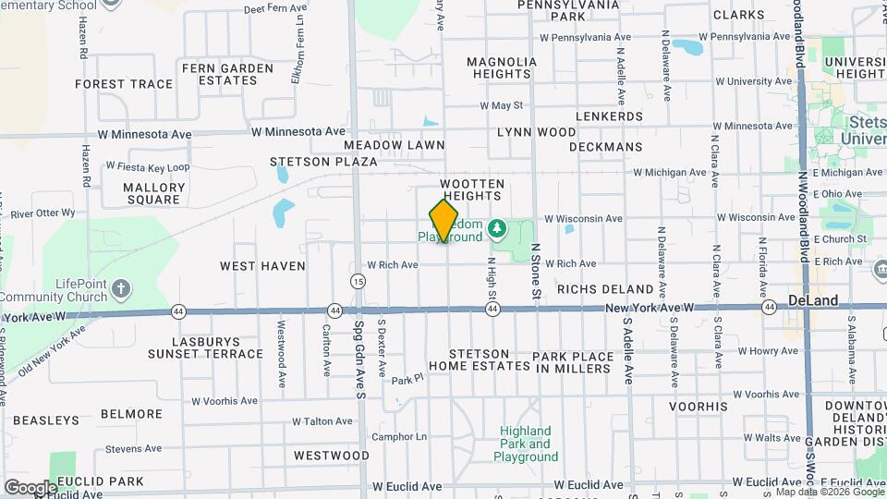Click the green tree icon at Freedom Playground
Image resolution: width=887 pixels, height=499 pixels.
[x=497, y=225]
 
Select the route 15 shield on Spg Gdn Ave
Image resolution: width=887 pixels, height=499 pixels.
[x=358, y=280]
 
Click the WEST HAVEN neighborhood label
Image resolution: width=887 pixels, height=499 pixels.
[x=262, y=266]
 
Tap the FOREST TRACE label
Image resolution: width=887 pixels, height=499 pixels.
[x=124, y=84]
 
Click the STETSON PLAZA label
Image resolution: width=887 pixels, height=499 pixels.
[x=311, y=162]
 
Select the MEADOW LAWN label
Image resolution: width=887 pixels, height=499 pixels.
[x=395, y=145]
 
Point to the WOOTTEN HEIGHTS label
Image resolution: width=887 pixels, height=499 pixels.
[x=472, y=189]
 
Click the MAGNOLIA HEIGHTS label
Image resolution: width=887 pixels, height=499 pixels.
[x=502, y=67]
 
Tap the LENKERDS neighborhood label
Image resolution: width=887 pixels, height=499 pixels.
[x=608, y=116]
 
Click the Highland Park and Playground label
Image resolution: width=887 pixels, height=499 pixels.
[x=525, y=444]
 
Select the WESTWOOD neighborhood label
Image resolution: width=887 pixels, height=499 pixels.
[x=332, y=456]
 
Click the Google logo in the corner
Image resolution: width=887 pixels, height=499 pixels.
[x=30, y=487]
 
